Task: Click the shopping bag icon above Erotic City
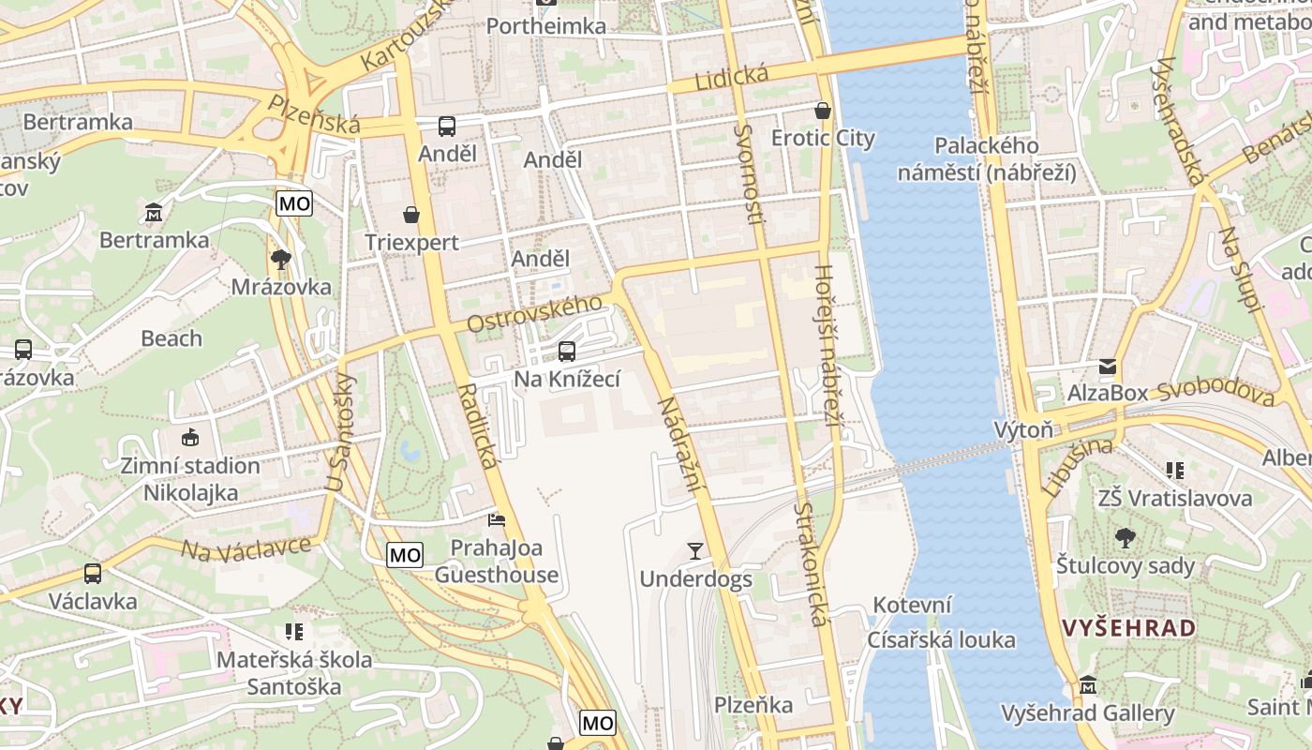pyautogui.click(x=823, y=111)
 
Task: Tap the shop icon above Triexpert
pyautogui.click(x=410, y=215)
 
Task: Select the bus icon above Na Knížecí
pyautogui.click(x=566, y=352)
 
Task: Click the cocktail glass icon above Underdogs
pyautogui.click(x=694, y=550)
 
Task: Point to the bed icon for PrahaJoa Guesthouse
pyautogui.click(x=497, y=518)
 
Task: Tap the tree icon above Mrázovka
pyautogui.click(x=279, y=259)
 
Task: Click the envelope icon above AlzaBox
pyautogui.click(x=1108, y=366)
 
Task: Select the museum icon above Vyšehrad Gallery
pyautogui.click(x=1087, y=685)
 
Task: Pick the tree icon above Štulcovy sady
pyautogui.click(x=1125, y=538)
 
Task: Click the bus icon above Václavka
pyautogui.click(x=92, y=573)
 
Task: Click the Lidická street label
pyautogui.click(x=731, y=77)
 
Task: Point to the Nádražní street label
pyautogui.click(x=681, y=444)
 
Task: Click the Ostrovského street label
pyautogui.click(x=533, y=313)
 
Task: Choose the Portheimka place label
pyautogui.click(x=546, y=26)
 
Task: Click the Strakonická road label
pyautogui.click(x=812, y=563)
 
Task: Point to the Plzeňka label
pyautogui.click(x=753, y=705)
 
